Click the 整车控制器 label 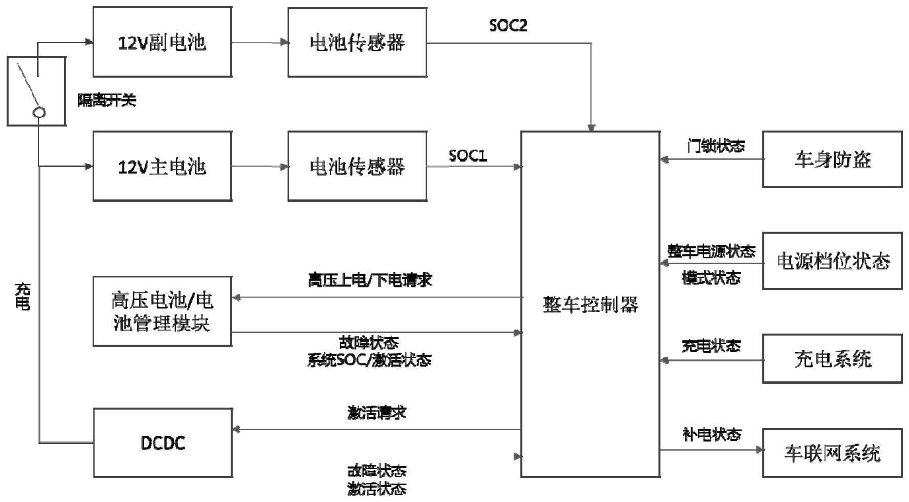pos(591,305)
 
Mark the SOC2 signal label pos(508,26)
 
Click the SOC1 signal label pos(468,155)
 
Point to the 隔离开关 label pos(107,100)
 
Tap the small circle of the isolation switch pos(39,113)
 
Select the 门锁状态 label pos(716,146)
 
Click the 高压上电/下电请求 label pos(370,280)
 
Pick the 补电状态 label pos(712,435)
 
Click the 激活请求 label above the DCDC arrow pos(377,413)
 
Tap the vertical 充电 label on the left pos(23,297)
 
